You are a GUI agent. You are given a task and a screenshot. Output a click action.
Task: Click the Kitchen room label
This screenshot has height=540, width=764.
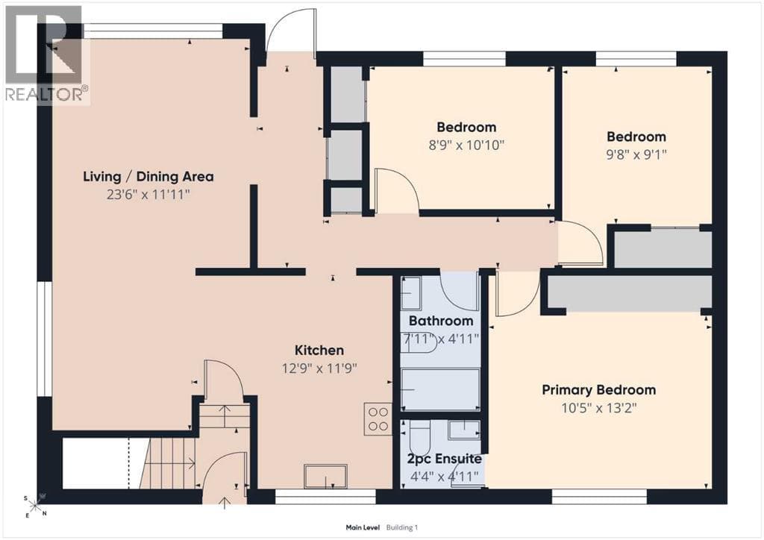[x=319, y=350]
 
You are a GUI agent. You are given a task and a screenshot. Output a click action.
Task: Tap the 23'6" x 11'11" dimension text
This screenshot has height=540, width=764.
[x=148, y=195]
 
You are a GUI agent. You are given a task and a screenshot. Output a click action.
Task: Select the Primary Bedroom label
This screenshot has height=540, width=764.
[x=599, y=390]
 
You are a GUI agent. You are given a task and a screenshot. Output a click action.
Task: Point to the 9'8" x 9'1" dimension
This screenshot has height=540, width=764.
[x=636, y=154]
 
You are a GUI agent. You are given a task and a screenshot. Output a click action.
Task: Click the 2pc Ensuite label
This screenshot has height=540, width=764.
[x=445, y=459]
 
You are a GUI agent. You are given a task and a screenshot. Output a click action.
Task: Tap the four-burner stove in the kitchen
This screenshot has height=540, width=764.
[x=378, y=419]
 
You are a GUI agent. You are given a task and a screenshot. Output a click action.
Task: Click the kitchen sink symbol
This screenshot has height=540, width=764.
[x=325, y=476]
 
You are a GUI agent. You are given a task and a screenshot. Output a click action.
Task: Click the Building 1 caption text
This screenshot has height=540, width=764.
[x=402, y=527]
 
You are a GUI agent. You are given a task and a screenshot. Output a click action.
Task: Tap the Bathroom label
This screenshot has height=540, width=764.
[x=441, y=321]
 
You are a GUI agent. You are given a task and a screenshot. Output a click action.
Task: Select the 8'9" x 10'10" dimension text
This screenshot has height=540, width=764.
[x=466, y=145]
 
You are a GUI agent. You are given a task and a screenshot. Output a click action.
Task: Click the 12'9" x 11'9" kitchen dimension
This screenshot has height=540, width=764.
[x=319, y=368]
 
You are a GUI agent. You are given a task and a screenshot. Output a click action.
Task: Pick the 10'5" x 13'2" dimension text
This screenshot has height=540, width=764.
[x=599, y=407]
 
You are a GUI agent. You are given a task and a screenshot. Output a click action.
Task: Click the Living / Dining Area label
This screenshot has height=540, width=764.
[x=148, y=176]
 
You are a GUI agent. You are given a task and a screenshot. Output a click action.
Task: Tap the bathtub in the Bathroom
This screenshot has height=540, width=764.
[x=440, y=389]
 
